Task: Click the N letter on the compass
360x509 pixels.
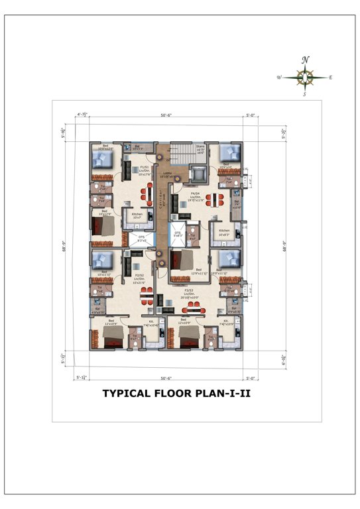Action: click(305, 60)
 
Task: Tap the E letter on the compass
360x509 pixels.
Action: click(330, 78)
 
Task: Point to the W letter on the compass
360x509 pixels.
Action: click(280, 78)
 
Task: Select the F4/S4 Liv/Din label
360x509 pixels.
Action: click(196, 196)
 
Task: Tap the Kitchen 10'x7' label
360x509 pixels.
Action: click(137, 215)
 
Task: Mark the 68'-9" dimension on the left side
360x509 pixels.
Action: click(65, 241)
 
